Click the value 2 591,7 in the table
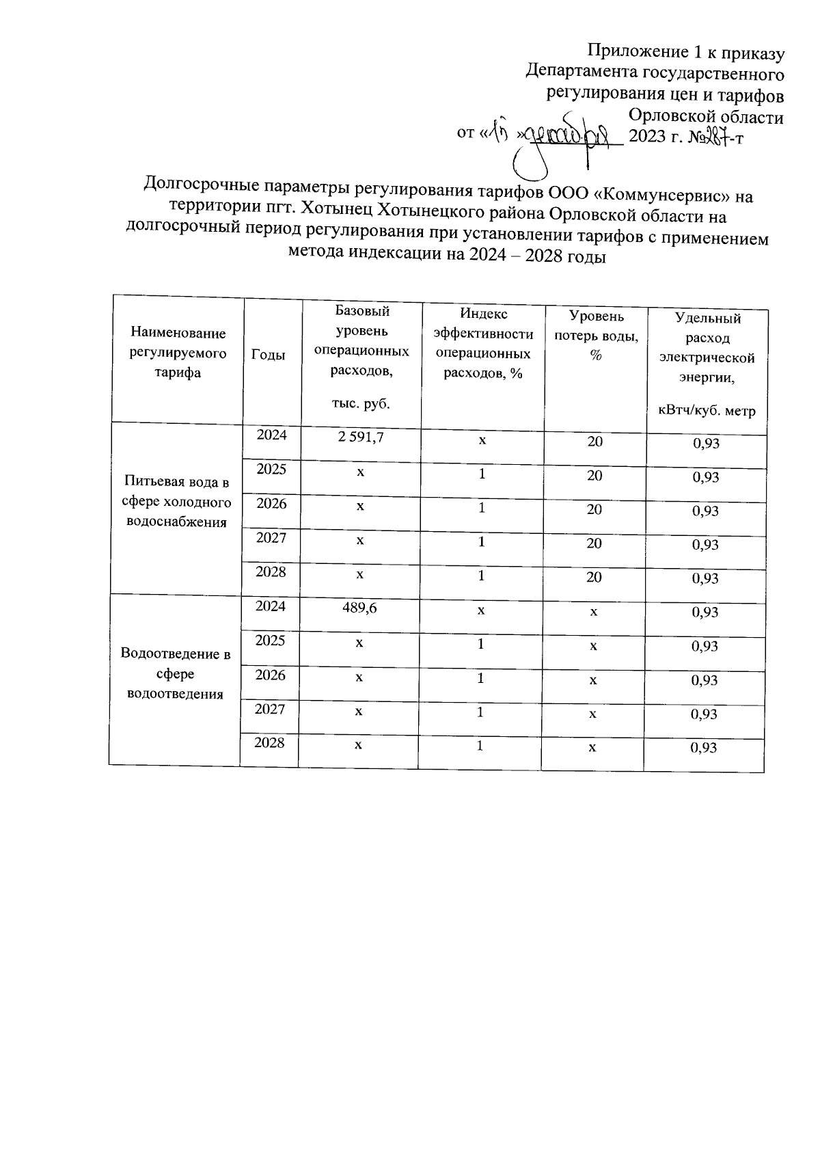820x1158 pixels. point(360,437)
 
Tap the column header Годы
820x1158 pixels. point(269,354)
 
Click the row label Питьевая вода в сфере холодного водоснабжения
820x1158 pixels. point(177,502)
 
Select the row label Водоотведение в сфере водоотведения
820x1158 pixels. point(176,673)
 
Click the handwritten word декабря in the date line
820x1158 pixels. point(573,135)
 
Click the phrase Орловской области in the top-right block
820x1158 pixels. point(706,116)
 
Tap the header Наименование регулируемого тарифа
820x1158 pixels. point(178,353)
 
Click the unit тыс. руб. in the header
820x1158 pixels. point(361,403)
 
